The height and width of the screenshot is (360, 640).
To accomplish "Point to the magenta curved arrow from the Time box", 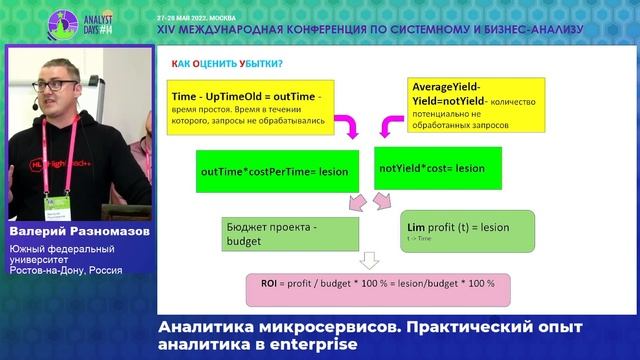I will coord(345,127).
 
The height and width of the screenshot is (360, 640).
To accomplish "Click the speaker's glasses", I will coord(55,80).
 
